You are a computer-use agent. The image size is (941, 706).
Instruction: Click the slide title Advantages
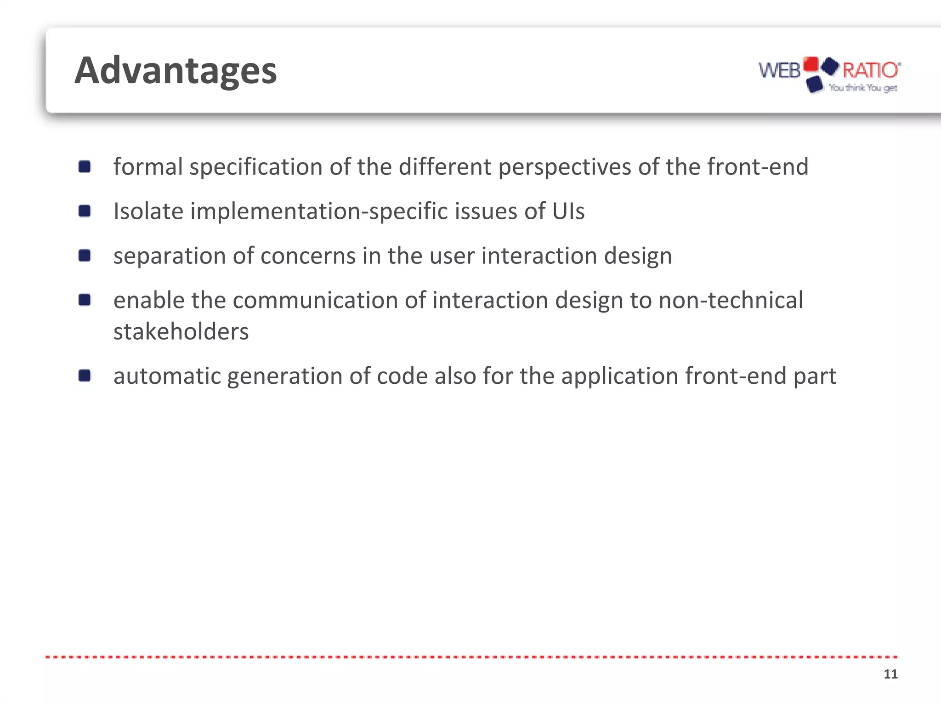(176, 70)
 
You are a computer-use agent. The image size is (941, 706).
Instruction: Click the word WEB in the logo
(779, 71)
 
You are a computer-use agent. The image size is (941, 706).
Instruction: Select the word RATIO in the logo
(871, 70)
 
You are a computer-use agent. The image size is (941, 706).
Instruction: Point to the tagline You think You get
(863, 87)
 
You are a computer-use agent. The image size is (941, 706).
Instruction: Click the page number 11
(890, 674)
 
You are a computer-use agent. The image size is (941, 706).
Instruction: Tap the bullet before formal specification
(85, 166)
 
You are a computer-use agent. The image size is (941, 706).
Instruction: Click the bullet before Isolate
(85, 211)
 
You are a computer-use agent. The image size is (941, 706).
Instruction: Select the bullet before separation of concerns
(85, 256)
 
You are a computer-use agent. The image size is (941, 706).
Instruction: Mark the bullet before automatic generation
(85, 376)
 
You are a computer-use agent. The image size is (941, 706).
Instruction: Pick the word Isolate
(148, 211)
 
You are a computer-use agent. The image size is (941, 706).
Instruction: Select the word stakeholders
(181, 331)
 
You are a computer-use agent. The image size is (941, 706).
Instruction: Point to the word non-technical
(731, 300)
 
